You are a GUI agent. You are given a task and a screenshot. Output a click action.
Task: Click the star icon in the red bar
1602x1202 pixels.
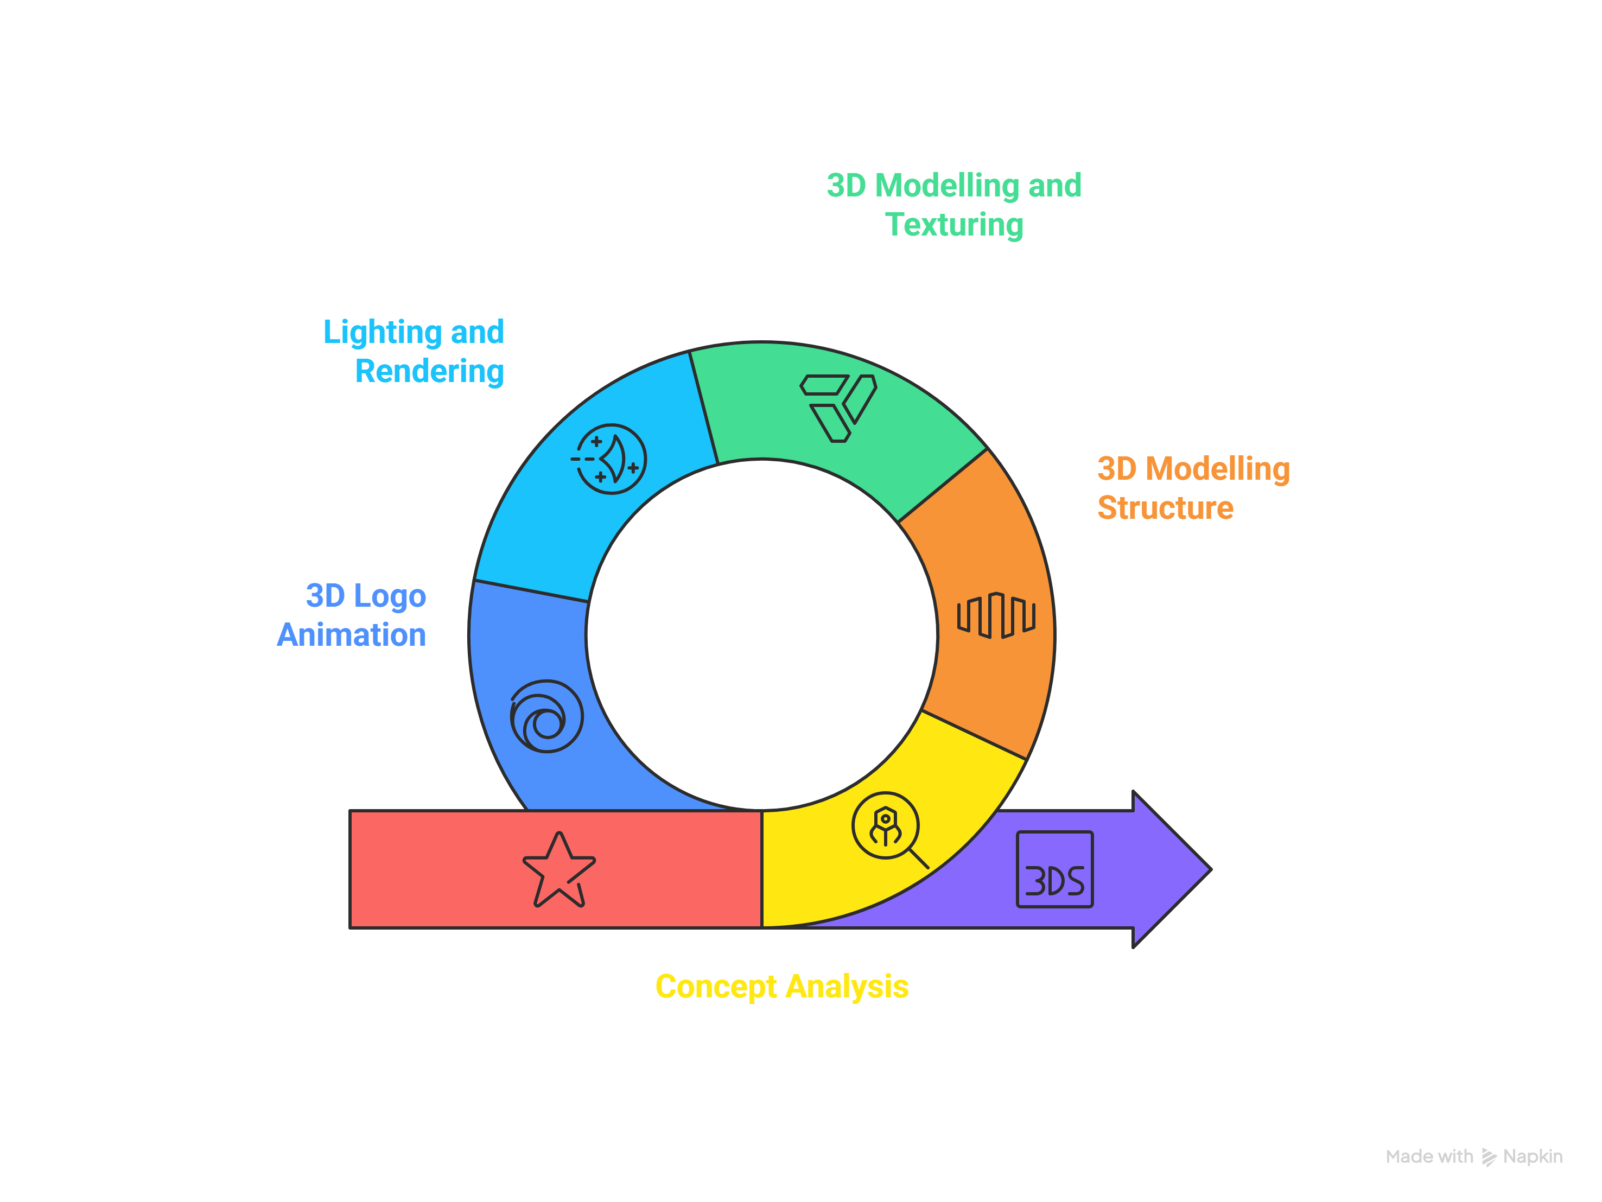pos(558,870)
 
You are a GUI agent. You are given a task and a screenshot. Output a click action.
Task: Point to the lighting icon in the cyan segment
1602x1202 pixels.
pos(610,459)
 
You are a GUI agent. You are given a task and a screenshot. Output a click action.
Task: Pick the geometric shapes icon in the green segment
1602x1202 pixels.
pos(838,407)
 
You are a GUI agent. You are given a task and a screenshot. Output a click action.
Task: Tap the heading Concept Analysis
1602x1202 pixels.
pos(781,986)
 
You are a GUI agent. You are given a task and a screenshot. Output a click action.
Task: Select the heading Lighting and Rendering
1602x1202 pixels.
pos(414,351)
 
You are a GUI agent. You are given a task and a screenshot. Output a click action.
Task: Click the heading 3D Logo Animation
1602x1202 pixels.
pos(353,615)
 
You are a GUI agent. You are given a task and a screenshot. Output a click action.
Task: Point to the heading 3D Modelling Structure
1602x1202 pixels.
pos(1193,488)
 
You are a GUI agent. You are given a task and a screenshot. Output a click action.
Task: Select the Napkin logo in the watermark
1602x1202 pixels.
pos(1489,1157)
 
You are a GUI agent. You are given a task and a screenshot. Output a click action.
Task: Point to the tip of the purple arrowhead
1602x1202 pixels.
pos(1210,869)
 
